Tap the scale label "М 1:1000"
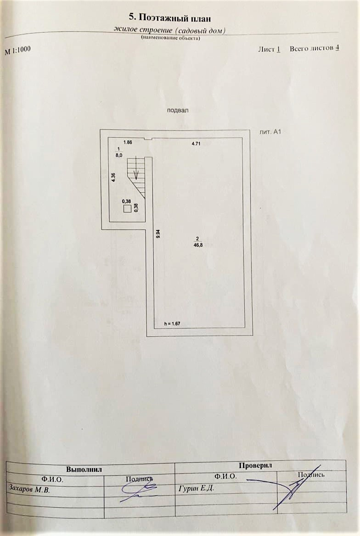[x=18, y=50]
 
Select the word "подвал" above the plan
[x=178, y=110]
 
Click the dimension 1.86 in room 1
[x=128, y=143]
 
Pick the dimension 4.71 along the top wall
[x=196, y=144]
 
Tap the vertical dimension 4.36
[x=113, y=178]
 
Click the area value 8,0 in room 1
[x=119, y=156]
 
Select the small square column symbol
[x=127, y=209]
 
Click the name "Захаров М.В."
[x=29, y=489]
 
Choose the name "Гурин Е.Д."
[x=196, y=488]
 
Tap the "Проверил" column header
[x=255, y=465]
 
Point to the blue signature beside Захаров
[x=138, y=492]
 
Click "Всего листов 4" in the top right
[x=314, y=48]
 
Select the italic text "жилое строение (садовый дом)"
[x=170, y=30]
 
